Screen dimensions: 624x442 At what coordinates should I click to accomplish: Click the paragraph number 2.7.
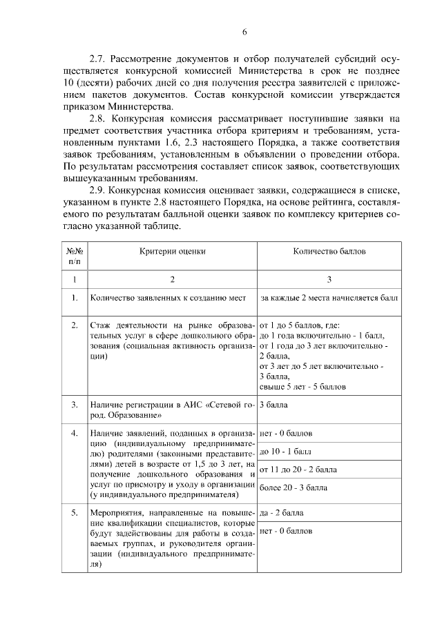(101, 58)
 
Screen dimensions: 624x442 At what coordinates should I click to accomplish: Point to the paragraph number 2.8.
(101, 119)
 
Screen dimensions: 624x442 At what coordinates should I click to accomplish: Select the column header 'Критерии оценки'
(172, 252)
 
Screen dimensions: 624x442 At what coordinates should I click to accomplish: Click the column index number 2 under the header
(172, 280)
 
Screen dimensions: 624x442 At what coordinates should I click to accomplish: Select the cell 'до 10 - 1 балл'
(285, 452)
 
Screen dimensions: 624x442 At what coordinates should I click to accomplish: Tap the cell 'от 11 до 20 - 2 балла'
(298, 470)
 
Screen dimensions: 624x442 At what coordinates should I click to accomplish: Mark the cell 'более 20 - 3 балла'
(293, 487)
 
